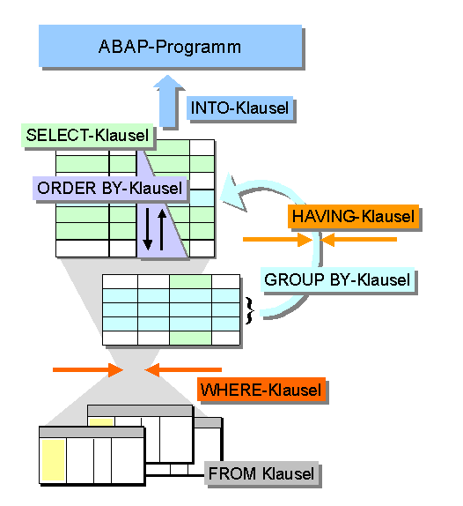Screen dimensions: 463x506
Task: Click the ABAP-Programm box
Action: (x=170, y=46)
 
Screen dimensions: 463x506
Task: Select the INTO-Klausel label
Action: (x=239, y=108)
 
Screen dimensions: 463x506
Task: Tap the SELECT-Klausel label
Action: (x=87, y=135)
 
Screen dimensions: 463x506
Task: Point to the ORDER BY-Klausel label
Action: (x=109, y=188)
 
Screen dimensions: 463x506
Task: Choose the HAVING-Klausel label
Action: (x=353, y=216)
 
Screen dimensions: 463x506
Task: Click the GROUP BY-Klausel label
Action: (x=337, y=279)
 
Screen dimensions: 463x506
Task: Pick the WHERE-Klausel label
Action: (x=261, y=390)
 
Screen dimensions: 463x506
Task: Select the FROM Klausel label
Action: (x=261, y=473)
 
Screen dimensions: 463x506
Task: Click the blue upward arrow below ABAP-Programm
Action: (x=168, y=101)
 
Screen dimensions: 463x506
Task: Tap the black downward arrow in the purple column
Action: (x=148, y=229)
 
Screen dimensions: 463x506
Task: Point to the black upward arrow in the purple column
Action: (x=162, y=230)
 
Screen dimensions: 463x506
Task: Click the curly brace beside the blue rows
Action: (x=250, y=310)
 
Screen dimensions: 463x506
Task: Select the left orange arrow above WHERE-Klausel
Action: (x=88, y=370)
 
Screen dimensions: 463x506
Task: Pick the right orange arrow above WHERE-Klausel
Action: (x=183, y=370)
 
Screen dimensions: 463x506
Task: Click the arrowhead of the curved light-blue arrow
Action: (x=232, y=193)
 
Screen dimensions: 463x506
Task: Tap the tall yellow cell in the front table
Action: (x=54, y=460)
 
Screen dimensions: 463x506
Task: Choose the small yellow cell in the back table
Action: (x=101, y=422)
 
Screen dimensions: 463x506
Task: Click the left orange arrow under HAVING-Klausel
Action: (x=278, y=240)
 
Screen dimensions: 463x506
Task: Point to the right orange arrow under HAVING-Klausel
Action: (x=358, y=240)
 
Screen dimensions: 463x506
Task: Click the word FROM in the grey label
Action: (x=232, y=473)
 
